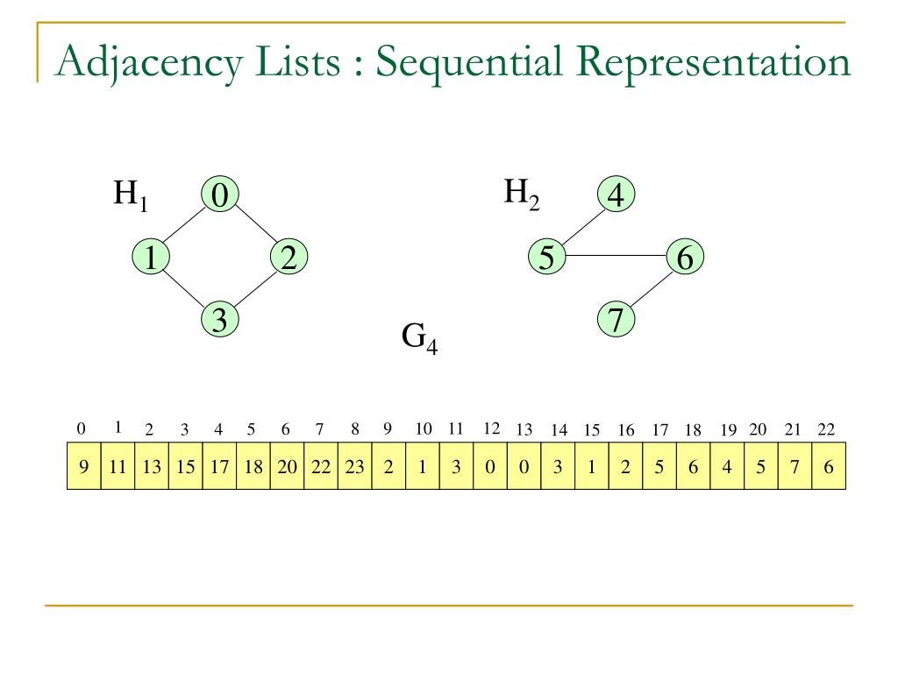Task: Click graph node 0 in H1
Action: [x=219, y=195]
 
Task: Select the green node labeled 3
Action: [x=219, y=321]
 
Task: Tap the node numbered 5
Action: [x=546, y=258]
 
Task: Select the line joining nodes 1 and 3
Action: [x=184, y=289]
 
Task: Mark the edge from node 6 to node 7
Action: [x=651, y=289]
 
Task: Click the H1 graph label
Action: [x=131, y=195]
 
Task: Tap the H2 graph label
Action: [x=521, y=193]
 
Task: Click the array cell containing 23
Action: [x=354, y=466]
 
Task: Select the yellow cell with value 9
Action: [x=84, y=466]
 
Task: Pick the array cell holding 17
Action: [x=219, y=466]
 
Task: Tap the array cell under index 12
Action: [x=490, y=466]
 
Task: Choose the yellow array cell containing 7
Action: [x=795, y=466]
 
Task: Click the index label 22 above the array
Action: [x=826, y=429]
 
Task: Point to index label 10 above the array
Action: [x=424, y=429]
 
